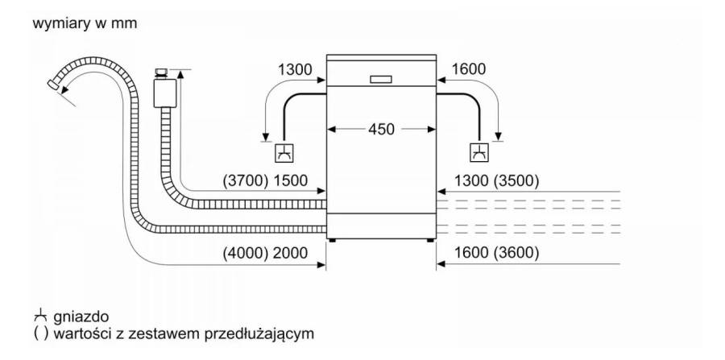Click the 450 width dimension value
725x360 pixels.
[x=382, y=130]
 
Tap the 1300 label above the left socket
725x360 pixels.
[x=295, y=69]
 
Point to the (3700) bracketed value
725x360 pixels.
[x=245, y=180]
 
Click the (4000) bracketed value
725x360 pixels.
[x=245, y=253]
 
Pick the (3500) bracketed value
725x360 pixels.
[x=516, y=180]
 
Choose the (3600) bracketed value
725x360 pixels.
[x=516, y=253]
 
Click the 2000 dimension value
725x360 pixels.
[x=290, y=253]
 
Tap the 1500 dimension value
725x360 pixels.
[x=290, y=180]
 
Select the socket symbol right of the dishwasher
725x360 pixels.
[x=479, y=153]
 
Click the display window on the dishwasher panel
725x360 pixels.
[x=381, y=80]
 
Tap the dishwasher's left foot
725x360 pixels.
[x=332, y=240]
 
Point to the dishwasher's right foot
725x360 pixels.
[x=430, y=240]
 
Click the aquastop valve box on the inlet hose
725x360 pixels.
[x=164, y=93]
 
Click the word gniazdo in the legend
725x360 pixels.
[x=81, y=317]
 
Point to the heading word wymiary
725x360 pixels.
[x=61, y=24]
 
